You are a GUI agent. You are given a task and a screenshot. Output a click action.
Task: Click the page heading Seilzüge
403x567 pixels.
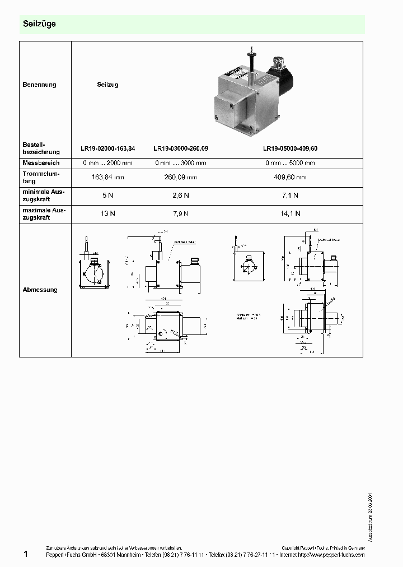pos(39,25)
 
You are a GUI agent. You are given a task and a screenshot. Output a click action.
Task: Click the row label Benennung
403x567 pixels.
pos(39,85)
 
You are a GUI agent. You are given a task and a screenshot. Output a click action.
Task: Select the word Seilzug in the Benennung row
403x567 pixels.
pos(107,85)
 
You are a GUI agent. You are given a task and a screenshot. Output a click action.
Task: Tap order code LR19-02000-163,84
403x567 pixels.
pos(107,149)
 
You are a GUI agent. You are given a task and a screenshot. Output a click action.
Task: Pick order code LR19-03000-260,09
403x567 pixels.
pos(180,149)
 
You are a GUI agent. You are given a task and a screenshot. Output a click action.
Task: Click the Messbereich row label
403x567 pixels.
pos(41,162)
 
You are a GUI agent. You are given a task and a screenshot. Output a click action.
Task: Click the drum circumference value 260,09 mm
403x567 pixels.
pos(180,178)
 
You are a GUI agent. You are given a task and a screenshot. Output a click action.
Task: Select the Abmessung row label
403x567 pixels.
pos(40,290)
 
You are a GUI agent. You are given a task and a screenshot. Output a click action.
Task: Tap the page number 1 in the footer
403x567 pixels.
pos(26,554)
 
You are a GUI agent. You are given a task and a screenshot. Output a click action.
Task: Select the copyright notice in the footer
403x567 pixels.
pos(322,547)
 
